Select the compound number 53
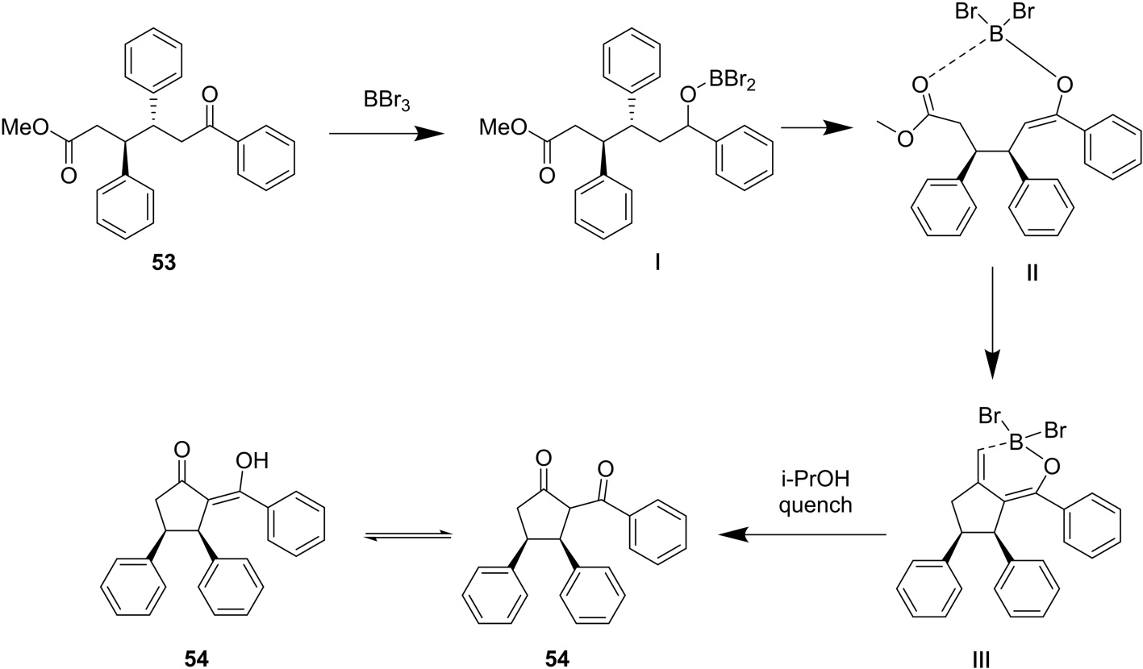(x=164, y=264)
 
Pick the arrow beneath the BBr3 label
(x=387, y=135)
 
